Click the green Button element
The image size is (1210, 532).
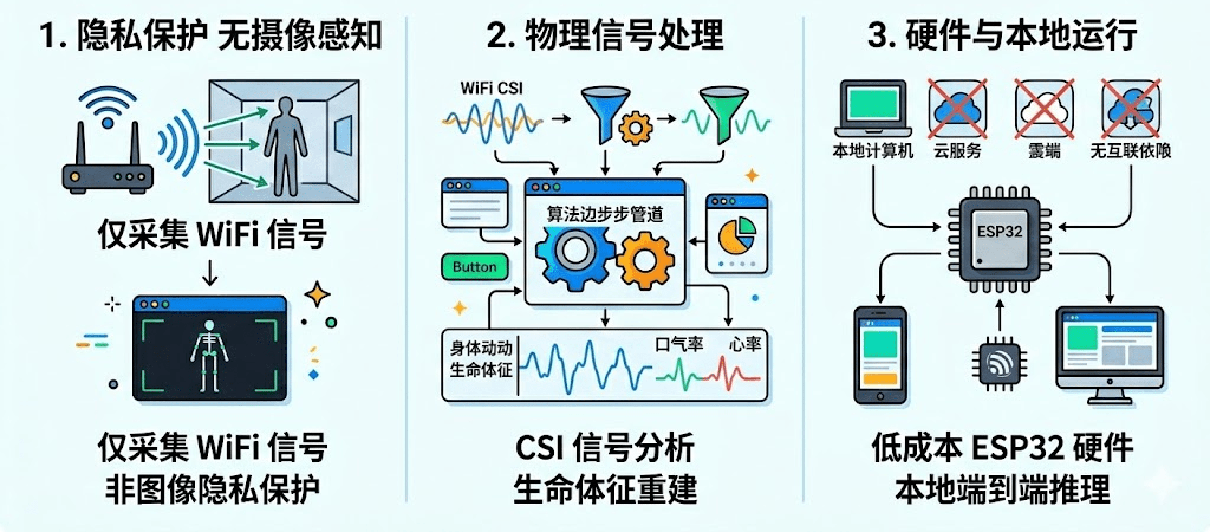(474, 267)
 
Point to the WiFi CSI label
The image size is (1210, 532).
(491, 89)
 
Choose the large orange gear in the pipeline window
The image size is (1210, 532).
(645, 259)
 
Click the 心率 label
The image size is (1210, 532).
(744, 345)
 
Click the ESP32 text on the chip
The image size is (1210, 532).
(999, 231)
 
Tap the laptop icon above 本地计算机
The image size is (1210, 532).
(872, 110)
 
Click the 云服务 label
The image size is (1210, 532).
(957, 151)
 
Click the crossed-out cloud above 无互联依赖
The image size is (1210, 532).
(1130, 109)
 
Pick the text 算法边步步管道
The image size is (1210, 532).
(604, 214)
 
